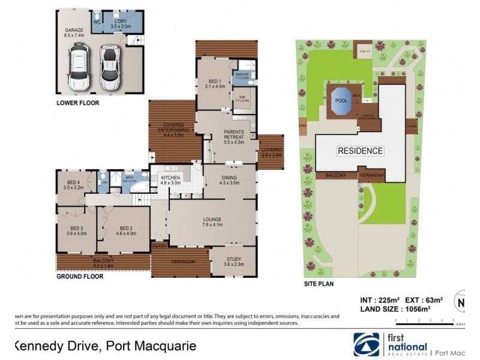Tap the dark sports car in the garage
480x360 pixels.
[x=109, y=67]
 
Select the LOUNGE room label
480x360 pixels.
[x=212, y=223]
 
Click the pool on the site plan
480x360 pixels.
[x=341, y=101]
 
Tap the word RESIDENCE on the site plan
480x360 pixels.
[x=359, y=151]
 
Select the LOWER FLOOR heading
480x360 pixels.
[x=77, y=103]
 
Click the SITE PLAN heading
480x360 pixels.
[x=319, y=283]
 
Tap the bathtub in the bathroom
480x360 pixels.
[x=139, y=187]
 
